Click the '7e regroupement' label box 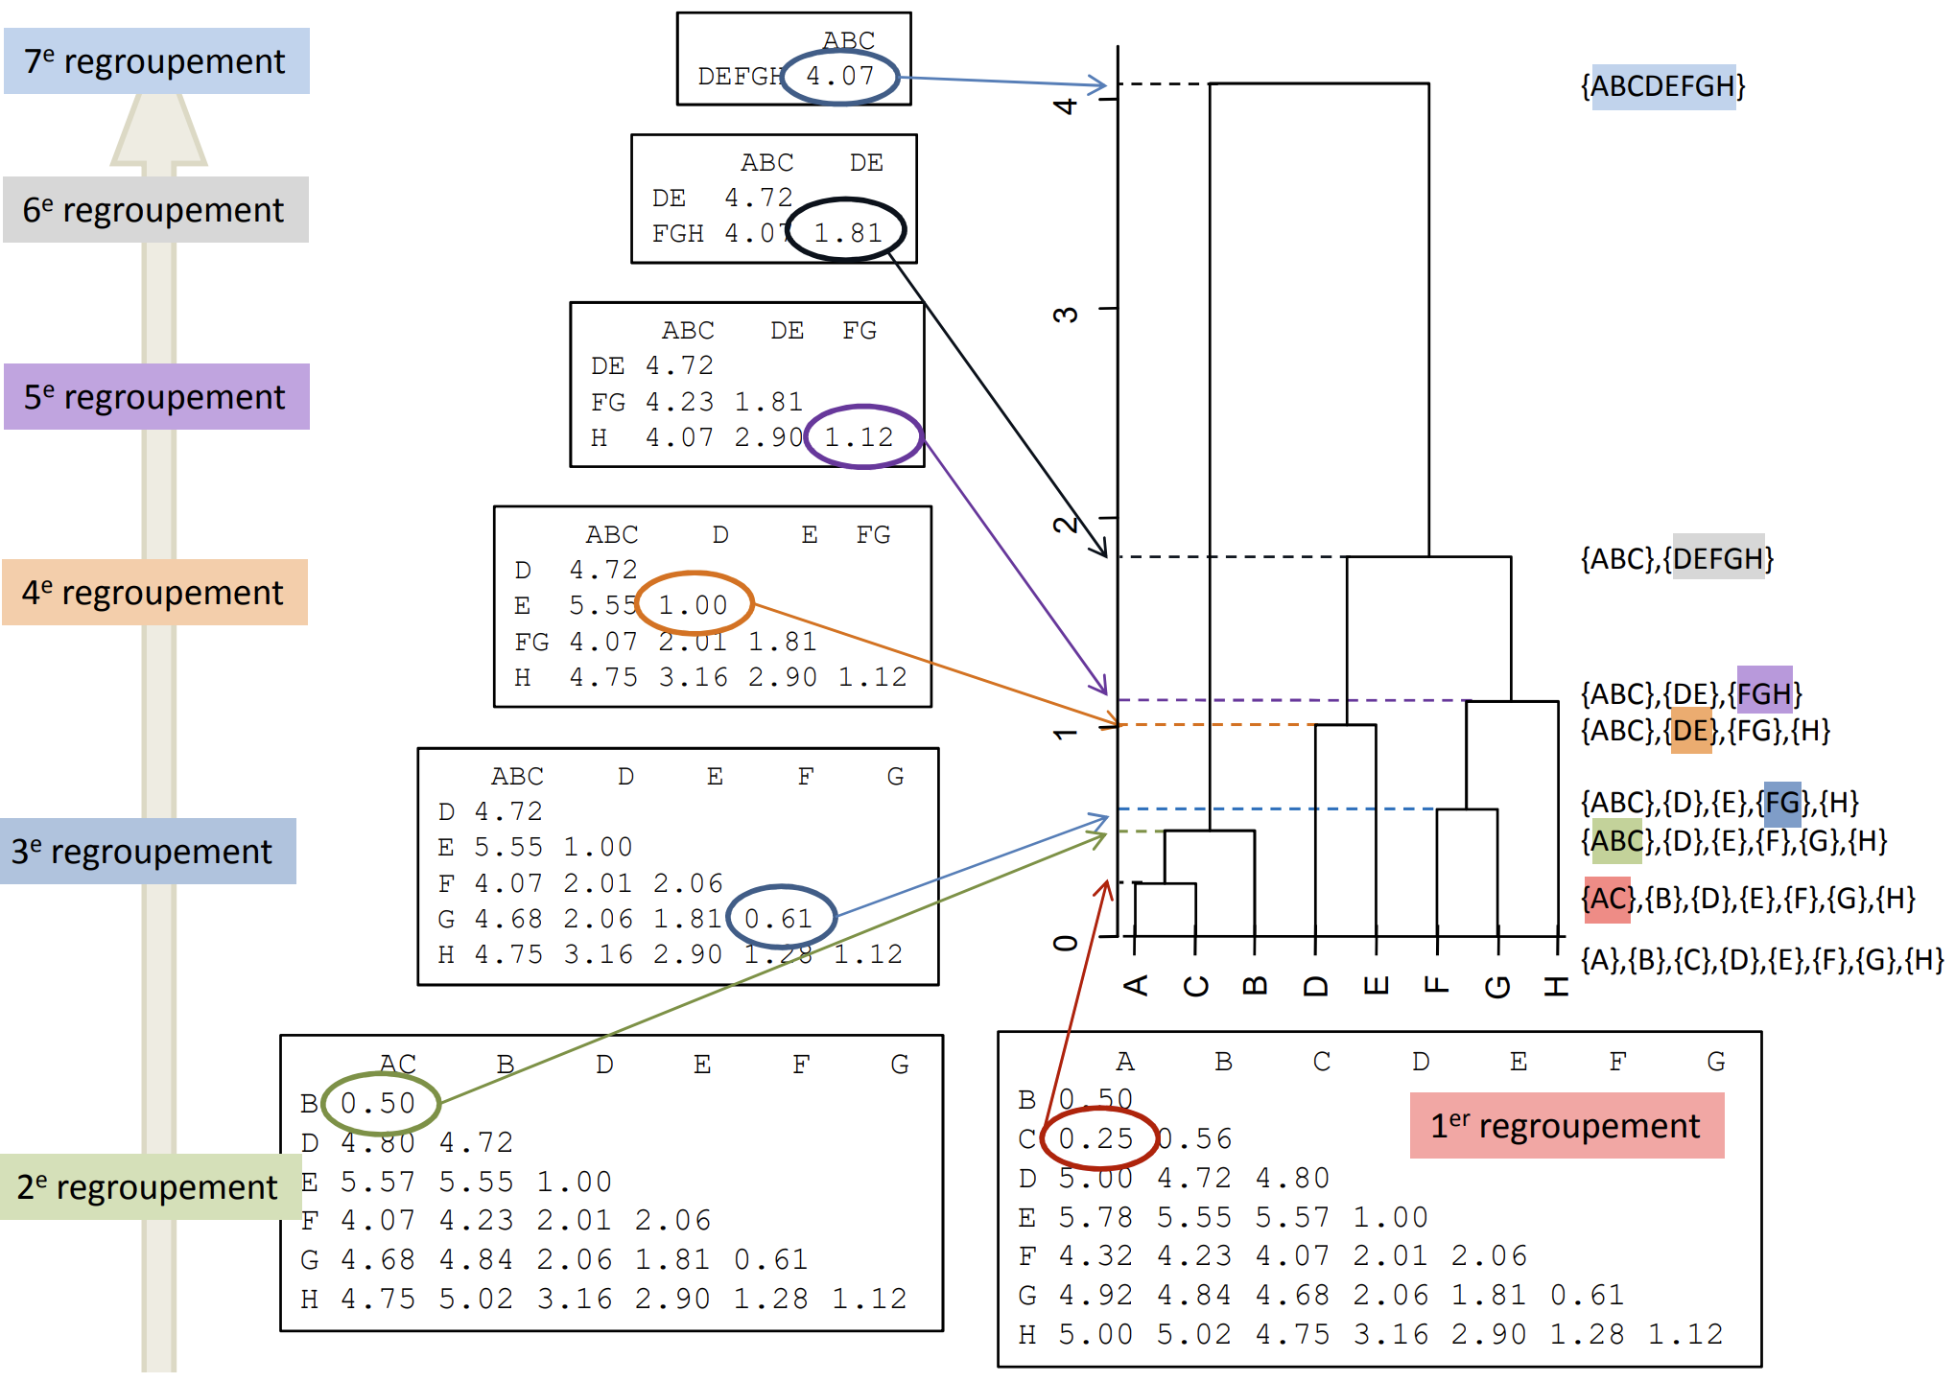[156, 61]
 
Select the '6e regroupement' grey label [155, 210]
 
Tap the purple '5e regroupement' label [156, 397]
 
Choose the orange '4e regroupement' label [154, 593]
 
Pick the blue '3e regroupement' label [148, 852]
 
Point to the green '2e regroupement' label [150, 1187]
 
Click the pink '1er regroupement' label [1566, 1126]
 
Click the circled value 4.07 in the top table [840, 76]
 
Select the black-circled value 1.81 [848, 232]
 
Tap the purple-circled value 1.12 [860, 437]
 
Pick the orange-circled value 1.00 [694, 605]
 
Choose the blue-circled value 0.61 [779, 919]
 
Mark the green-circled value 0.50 [378, 1103]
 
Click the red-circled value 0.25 [1095, 1138]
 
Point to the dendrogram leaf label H [1556, 985]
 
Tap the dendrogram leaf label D [1315, 986]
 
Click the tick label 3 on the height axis [1066, 315]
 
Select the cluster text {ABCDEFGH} [1663, 86]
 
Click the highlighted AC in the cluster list [1607, 899]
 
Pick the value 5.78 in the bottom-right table [1095, 1217]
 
